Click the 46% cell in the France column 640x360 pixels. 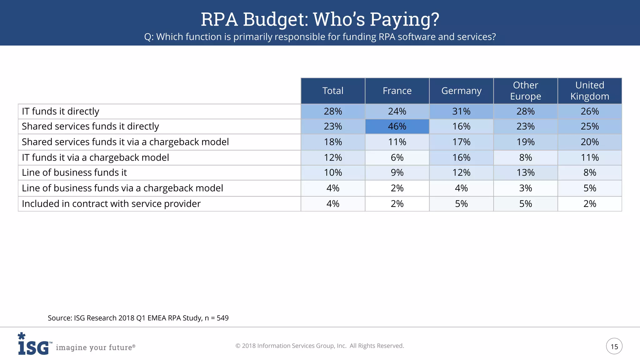click(x=397, y=127)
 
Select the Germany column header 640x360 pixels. click(x=461, y=91)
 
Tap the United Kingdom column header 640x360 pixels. click(x=590, y=91)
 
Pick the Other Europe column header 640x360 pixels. click(x=525, y=91)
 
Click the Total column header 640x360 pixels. click(x=333, y=91)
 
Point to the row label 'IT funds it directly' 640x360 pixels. click(x=60, y=112)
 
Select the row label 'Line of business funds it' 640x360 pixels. click(x=74, y=173)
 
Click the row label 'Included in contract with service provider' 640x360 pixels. click(x=111, y=204)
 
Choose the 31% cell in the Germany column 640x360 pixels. click(x=461, y=112)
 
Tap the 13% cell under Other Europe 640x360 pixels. click(x=525, y=173)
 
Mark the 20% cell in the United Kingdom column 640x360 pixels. click(x=590, y=142)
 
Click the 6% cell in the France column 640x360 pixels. click(x=397, y=158)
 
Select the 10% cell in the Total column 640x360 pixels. click(x=333, y=173)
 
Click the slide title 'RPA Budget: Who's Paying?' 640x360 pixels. click(x=320, y=19)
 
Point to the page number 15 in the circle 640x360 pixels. click(x=614, y=346)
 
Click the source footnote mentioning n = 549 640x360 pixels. click(x=138, y=318)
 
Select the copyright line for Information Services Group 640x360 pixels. click(x=320, y=346)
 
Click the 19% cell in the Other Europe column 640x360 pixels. click(x=525, y=142)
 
